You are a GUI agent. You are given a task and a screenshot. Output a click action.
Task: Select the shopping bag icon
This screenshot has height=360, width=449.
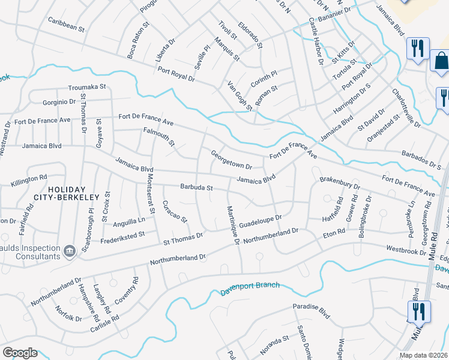[440, 62]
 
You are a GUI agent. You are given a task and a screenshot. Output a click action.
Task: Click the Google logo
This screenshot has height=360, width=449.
[20, 353]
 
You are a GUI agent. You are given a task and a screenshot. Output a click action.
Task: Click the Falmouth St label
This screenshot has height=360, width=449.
[159, 136]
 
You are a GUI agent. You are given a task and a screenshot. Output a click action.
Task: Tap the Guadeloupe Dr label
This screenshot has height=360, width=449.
[260, 221]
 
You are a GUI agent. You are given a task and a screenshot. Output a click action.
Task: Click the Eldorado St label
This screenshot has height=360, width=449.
[250, 36]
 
